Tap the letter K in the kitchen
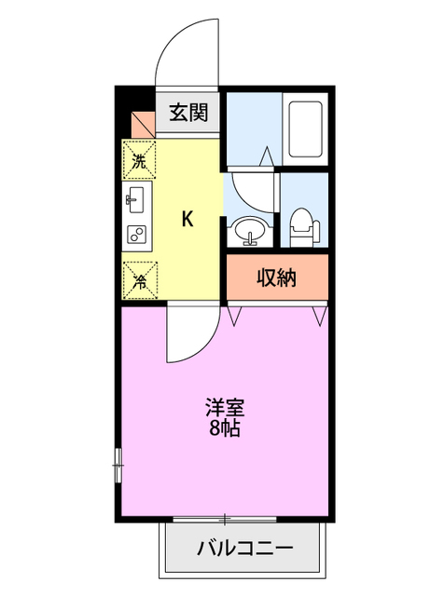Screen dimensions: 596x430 click(187, 220)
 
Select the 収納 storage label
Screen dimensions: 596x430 click(277, 278)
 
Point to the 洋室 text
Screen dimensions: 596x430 click(225, 407)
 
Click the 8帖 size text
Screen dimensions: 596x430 click(225, 429)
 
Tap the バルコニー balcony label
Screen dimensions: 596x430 click(244, 548)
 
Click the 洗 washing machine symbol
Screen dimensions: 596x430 click(139, 159)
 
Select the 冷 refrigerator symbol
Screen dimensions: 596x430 click(139, 277)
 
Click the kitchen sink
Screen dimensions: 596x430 click(136, 198)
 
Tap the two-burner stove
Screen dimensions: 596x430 click(136, 235)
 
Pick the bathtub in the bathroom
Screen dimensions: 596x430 click(306, 129)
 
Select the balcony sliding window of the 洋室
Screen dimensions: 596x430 click(224, 518)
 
